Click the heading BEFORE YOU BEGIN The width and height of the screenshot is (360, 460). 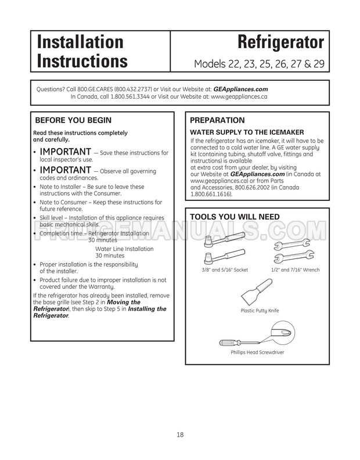74,121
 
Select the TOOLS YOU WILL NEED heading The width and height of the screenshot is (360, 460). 235,217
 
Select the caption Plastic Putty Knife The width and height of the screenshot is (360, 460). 260,311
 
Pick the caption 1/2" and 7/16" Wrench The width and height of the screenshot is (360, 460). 296,270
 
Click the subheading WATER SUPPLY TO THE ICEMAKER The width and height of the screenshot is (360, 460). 247,133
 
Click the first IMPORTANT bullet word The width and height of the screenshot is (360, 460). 64,152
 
